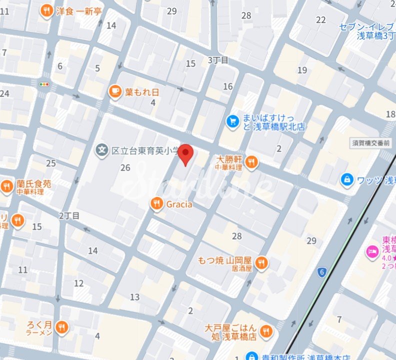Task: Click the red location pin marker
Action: (186, 153)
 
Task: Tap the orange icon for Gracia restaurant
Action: (157, 203)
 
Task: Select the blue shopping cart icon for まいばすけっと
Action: (232, 121)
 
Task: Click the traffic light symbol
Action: (44, 84)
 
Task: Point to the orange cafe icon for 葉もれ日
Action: (115, 91)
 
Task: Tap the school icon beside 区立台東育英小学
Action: (102, 149)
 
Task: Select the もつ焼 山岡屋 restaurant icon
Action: (261, 263)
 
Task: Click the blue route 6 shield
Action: (322, 272)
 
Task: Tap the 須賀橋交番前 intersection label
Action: (371, 143)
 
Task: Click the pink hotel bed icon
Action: (372, 250)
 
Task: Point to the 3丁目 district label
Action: (218, 60)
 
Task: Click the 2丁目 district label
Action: (69, 215)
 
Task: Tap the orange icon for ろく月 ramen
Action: (62, 327)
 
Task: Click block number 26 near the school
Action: (125, 167)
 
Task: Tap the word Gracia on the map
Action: (179, 204)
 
